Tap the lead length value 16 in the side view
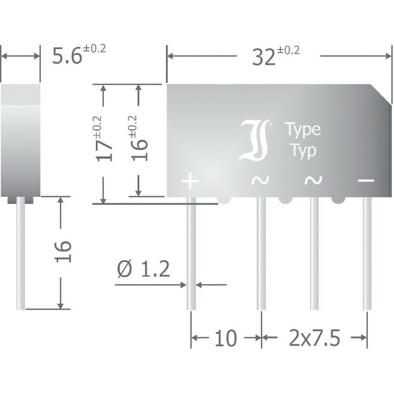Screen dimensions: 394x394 [x=63, y=252]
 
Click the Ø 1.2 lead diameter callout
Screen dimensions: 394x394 [x=143, y=269]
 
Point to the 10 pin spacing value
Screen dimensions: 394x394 [x=226, y=338]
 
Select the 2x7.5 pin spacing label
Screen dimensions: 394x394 [x=314, y=338]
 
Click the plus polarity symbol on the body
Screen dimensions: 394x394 [x=190, y=181]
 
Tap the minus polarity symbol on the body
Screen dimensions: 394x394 [x=366, y=180]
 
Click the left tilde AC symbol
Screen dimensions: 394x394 [x=260, y=180]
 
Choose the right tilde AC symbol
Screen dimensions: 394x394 [x=313, y=180]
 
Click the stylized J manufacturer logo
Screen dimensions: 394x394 [x=254, y=140]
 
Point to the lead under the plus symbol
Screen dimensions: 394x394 [x=191, y=253]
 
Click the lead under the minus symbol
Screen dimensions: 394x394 [x=367, y=253]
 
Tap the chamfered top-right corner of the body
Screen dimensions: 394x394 [x=381, y=94]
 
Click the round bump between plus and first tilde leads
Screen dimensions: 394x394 [x=224, y=199]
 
